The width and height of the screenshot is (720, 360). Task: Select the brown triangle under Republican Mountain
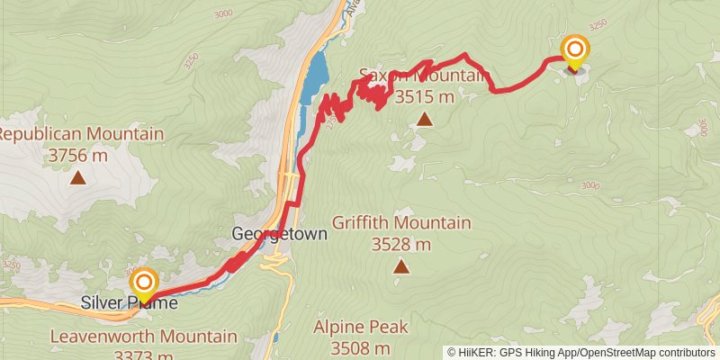[79, 177]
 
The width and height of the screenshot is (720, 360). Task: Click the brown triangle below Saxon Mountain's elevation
[423, 118]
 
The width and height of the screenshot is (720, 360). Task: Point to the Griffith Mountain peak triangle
[400, 266]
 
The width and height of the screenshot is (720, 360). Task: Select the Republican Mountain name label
[81, 135]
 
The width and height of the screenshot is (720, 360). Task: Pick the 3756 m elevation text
[79, 156]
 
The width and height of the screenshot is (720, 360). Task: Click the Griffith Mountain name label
[401, 223]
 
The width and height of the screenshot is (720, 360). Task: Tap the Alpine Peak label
[360, 328]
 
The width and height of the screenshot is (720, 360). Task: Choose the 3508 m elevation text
[360, 347]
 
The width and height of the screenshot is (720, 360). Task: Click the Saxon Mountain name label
[421, 76]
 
